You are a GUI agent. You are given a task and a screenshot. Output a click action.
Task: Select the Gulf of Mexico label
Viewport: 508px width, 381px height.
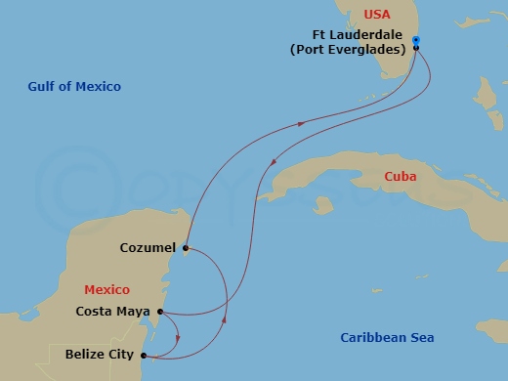(x=74, y=87)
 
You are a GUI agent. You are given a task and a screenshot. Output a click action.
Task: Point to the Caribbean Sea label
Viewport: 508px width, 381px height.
(x=387, y=338)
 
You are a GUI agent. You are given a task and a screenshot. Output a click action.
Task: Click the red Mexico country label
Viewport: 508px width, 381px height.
(x=107, y=290)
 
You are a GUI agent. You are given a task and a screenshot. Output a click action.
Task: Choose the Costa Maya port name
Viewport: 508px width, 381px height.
(x=112, y=313)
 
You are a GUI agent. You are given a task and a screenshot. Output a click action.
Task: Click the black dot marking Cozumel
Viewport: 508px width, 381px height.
(x=185, y=248)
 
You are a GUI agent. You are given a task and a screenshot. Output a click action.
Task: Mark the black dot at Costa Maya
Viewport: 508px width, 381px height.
(x=158, y=313)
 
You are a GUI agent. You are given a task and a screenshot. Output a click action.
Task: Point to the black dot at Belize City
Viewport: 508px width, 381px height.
(x=145, y=356)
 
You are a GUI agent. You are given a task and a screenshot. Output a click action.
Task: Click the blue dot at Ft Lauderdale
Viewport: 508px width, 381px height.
(x=416, y=40)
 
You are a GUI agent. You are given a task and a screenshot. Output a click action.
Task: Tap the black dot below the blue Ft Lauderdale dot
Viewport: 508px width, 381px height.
(x=416, y=48)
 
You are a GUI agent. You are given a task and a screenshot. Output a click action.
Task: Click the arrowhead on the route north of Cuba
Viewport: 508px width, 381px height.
(x=300, y=123)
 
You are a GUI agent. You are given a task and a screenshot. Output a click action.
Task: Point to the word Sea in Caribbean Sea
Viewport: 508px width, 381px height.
(x=420, y=338)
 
